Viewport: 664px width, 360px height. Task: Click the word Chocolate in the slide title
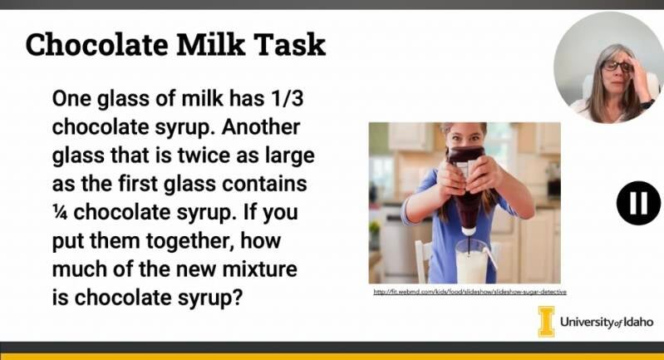click(97, 44)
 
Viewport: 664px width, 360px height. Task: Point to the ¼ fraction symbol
click(60, 212)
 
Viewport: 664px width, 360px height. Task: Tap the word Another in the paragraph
click(260, 126)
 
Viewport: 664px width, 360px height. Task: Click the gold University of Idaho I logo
click(546, 322)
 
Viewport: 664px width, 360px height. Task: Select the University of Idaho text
click(607, 322)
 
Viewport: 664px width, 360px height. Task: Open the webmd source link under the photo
click(470, 292)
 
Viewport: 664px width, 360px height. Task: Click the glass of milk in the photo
click(471, 262)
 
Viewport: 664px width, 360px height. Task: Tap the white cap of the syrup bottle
click(468, 231)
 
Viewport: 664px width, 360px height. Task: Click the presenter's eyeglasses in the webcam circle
click(617, 66)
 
